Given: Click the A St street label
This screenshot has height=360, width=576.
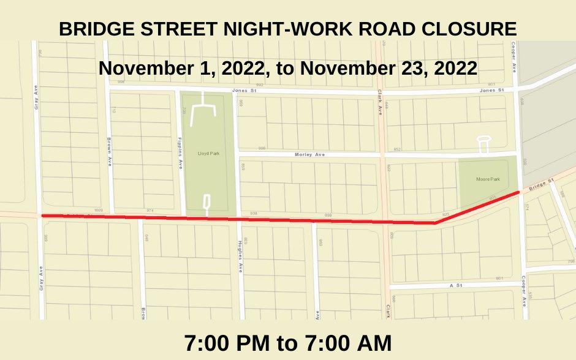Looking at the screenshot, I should pos(455,285).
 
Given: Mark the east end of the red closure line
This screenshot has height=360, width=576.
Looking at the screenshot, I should pos(519,192).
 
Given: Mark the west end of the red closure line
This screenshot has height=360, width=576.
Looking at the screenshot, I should pos(42,216).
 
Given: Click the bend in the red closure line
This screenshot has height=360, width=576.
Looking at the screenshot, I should pos(434,223).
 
